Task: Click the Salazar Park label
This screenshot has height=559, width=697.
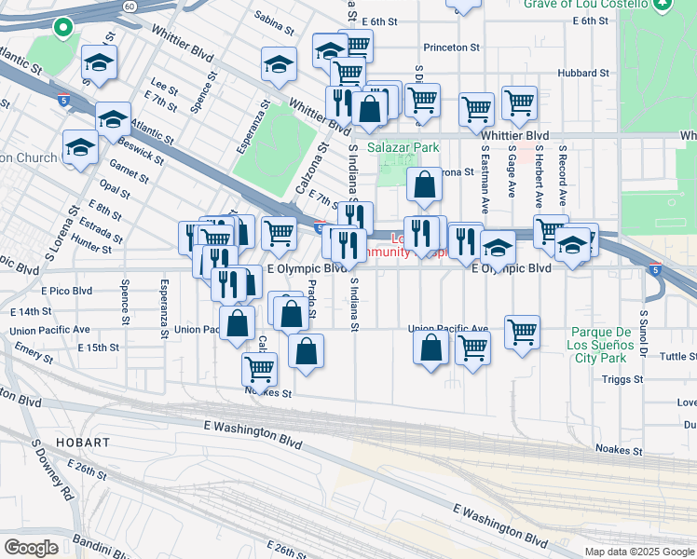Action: click(403, 147)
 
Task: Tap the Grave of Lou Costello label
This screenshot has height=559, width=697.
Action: click(585, 5)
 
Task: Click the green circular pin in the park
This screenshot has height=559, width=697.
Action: click(63, 28)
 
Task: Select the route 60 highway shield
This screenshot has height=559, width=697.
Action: click(129, 6)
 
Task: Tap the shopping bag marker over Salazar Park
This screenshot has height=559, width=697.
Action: click(425, 186)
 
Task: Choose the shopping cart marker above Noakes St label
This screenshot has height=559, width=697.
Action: click(259, 368)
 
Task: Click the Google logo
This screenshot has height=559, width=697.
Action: click(32, 548)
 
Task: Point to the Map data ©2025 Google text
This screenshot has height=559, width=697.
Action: click(638, 552)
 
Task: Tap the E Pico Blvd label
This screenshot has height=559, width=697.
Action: click(65, 292)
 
